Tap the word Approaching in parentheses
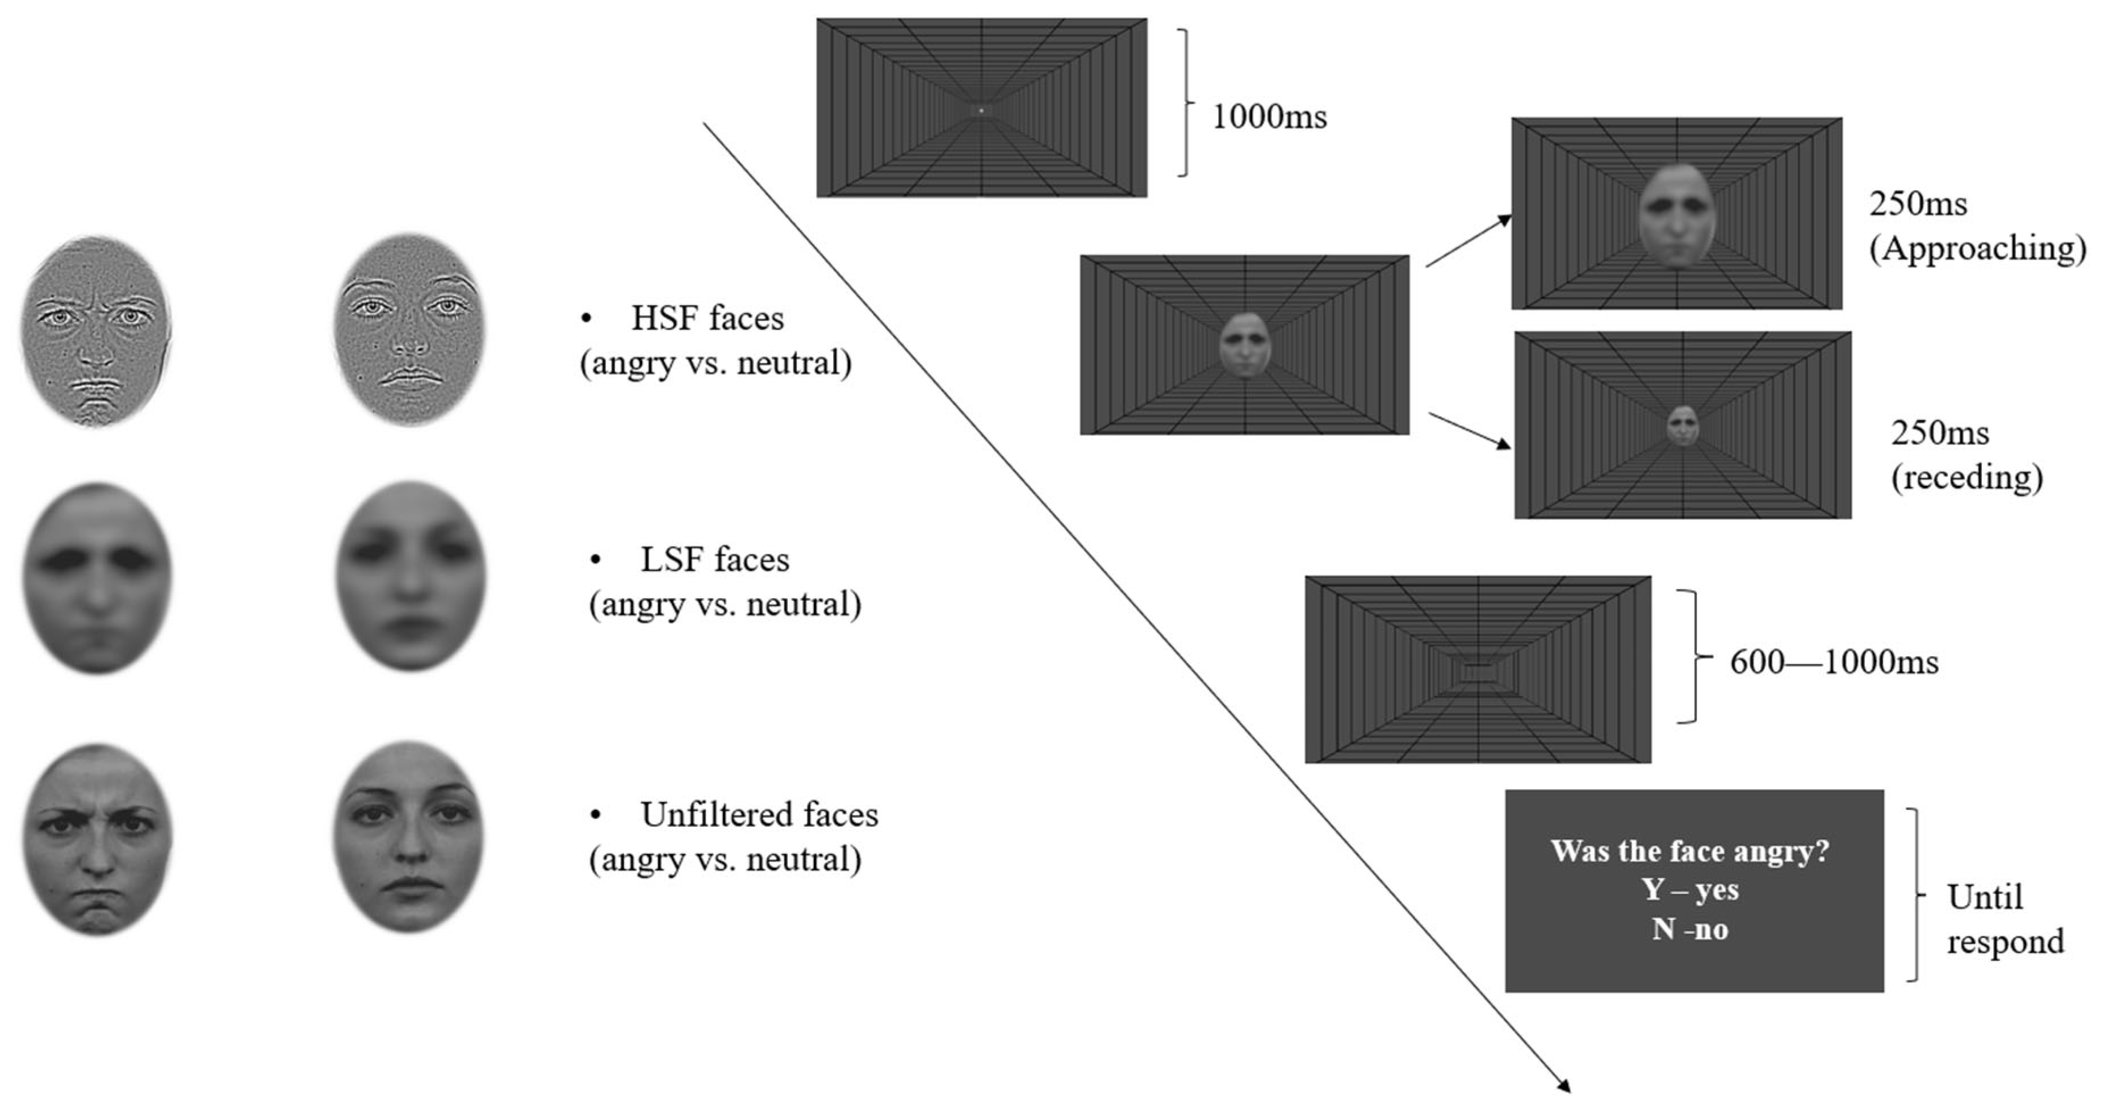[1977, 248]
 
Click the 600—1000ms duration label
[1834, 661]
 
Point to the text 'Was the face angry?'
[1690, 851]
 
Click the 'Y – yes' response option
[1691, 889]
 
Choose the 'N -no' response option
[1690, 929]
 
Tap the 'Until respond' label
[2005, 919]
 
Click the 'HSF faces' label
[707, 318]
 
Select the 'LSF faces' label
[714, 560]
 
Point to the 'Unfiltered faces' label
[759, 815]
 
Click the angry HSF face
[97, 331]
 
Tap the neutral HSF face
[409, 331]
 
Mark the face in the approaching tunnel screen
[1677, 215]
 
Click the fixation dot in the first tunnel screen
[981, 110]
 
